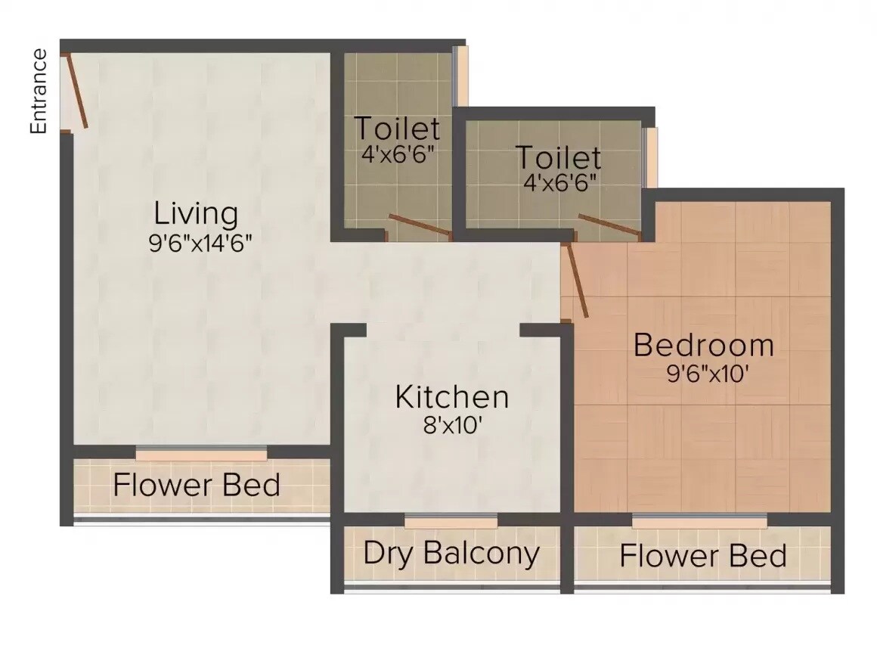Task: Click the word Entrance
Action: [39, 91]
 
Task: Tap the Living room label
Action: [196, 213]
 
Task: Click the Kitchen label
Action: [451, 396]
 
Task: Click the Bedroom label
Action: [703, 345]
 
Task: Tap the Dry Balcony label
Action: [451, 553]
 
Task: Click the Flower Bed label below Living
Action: [197, 484]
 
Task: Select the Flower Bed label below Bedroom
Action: [703, 556]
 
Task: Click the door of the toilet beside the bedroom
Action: [609, 226]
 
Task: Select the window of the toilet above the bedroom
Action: [649, 157]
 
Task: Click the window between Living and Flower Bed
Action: [201, 454]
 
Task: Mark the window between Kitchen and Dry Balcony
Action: [451, 521]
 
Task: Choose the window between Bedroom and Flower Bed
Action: [699, 521]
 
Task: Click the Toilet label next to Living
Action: [397, 129]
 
